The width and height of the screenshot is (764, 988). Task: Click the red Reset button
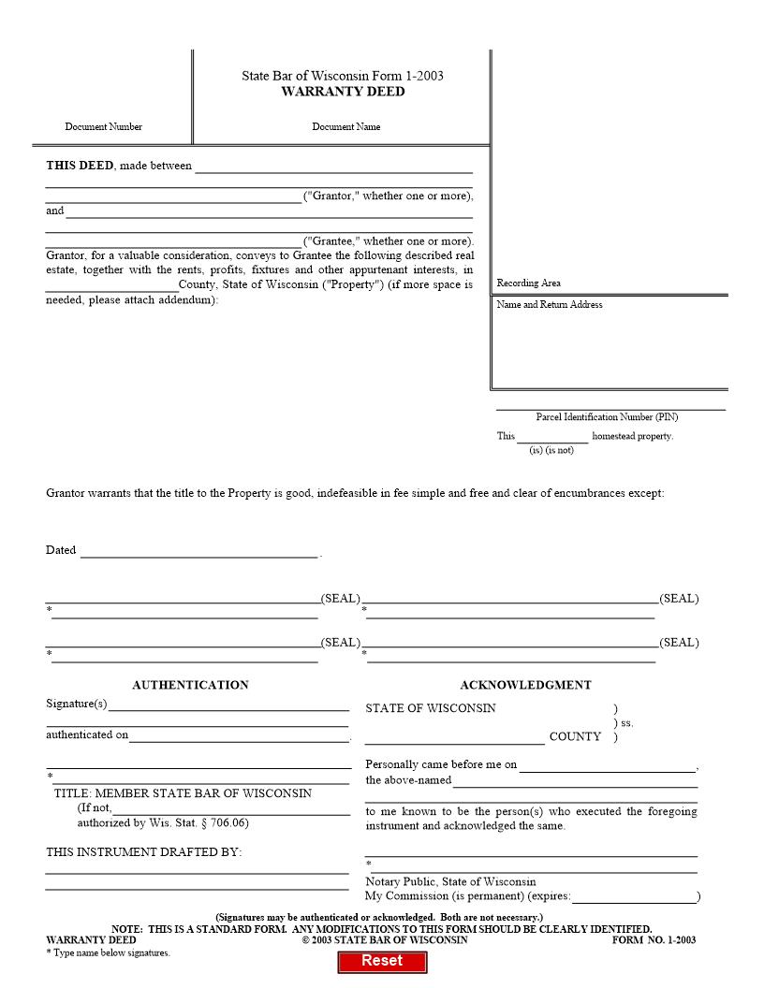382,961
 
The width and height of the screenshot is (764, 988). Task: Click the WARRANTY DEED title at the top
343,92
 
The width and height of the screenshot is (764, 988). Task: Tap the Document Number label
104,127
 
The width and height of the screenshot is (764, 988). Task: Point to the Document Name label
346,127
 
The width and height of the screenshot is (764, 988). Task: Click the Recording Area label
529,283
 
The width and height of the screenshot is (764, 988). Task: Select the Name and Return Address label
550,305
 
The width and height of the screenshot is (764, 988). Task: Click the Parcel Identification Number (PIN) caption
607,417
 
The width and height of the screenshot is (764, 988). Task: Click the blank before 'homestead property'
552,437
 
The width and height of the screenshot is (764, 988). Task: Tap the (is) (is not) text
551,450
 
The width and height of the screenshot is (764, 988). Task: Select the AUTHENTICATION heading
190,685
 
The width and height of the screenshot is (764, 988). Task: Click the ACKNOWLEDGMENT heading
525,685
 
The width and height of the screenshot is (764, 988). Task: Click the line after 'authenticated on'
239,735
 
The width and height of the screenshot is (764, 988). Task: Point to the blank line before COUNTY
455,737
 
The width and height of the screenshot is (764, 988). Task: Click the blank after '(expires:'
634,896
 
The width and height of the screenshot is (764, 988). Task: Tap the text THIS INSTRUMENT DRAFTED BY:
144,852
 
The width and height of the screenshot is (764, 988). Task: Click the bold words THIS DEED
80,166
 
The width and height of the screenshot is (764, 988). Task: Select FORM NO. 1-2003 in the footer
654,940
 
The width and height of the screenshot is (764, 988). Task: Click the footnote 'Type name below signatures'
109,952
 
